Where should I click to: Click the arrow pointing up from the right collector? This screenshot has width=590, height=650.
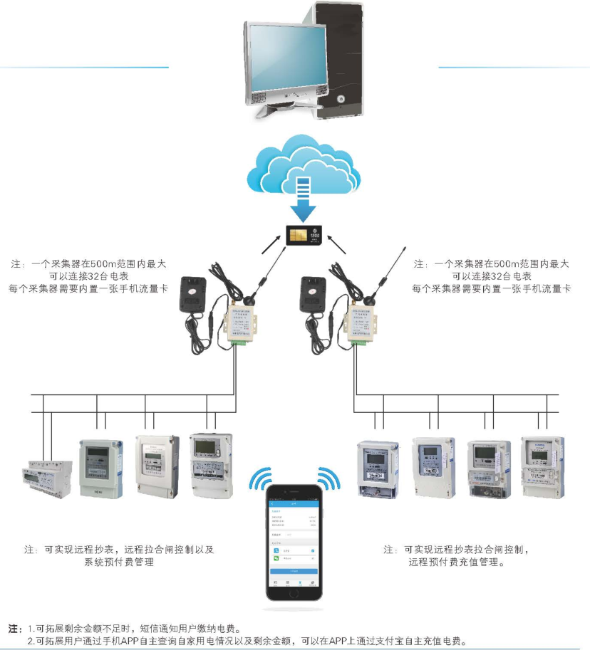(x=340, y=247)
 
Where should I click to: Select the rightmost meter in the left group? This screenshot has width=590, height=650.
(x=211, y=463)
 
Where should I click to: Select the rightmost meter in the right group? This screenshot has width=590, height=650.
(x=543, y=466)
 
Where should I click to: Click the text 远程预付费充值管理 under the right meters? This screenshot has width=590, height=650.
(x=456, y=562)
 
